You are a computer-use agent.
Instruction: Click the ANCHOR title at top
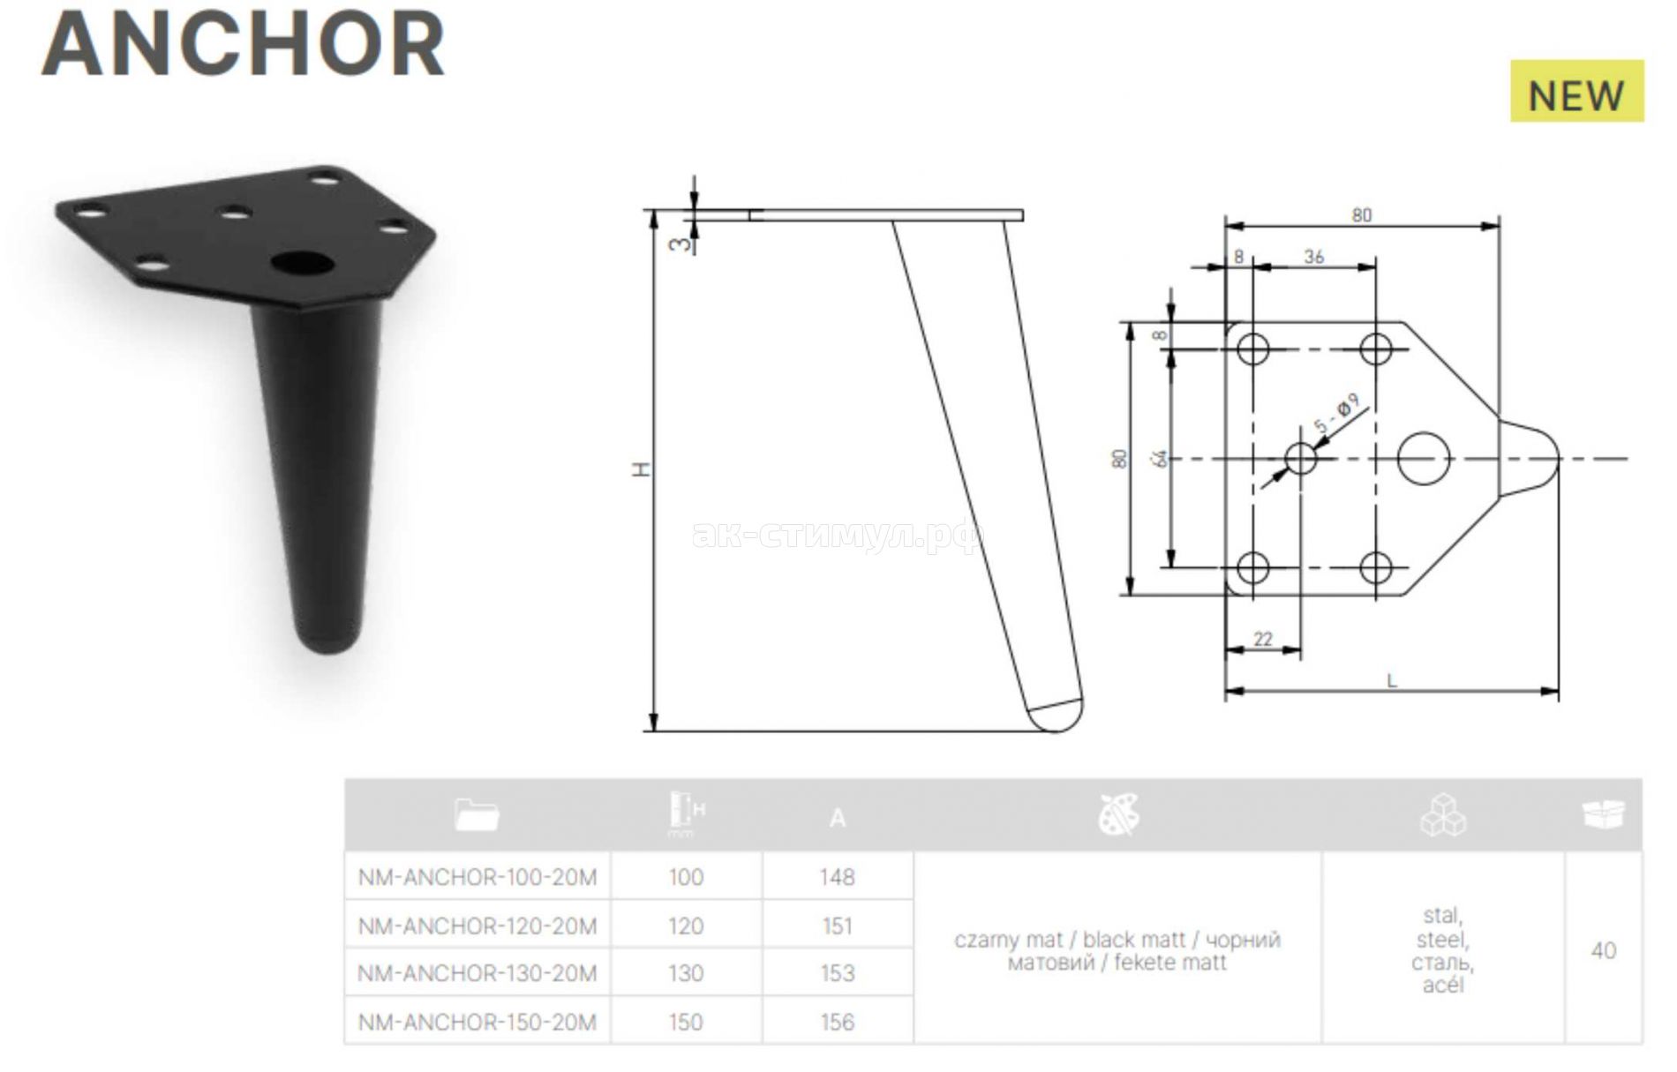244,44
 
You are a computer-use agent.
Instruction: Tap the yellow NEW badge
1576,91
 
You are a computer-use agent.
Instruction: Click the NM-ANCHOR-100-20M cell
478,877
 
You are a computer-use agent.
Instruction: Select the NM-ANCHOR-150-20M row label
478,1022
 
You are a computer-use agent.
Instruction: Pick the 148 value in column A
837,877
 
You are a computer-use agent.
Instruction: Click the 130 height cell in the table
686,973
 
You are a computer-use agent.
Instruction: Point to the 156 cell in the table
837,1022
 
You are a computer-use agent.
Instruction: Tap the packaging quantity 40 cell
1603,950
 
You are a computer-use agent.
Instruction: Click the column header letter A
838,818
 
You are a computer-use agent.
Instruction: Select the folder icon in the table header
477,814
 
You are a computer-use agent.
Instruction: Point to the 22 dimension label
1263,639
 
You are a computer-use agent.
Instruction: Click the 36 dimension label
1314,257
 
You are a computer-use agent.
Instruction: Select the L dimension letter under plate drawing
1392,680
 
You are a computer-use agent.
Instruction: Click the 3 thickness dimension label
678,243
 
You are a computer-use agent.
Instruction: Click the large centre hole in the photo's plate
302,262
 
